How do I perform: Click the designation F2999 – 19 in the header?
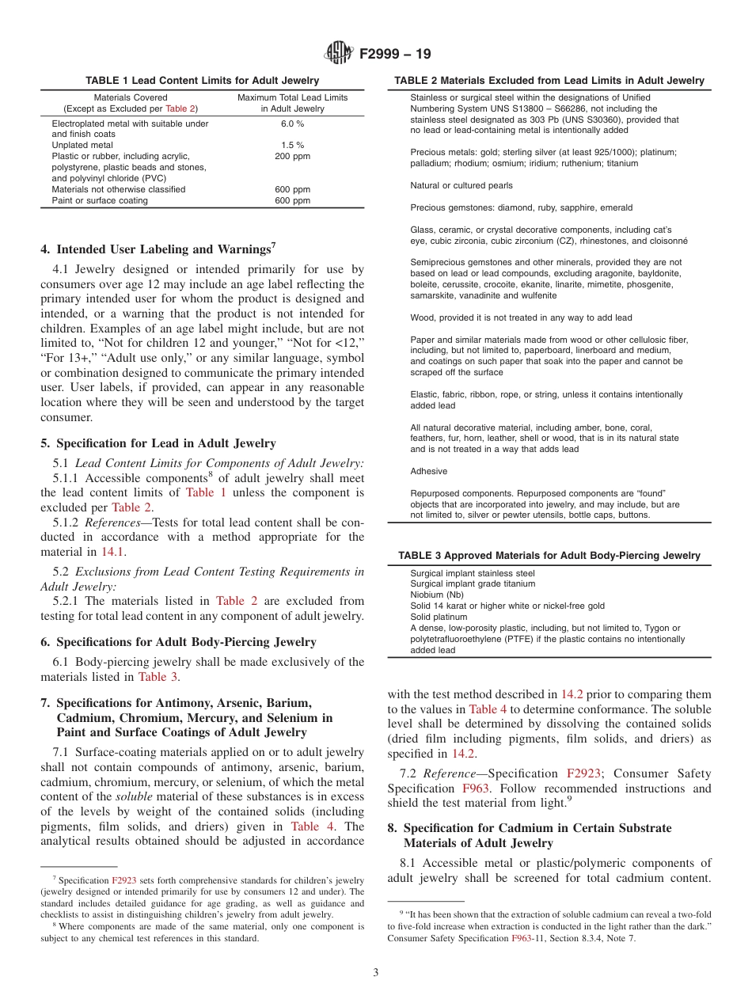click(x=395, y=55)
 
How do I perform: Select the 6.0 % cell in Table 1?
click(x=292, y=123)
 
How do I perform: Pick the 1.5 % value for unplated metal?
click(x=292, y=146)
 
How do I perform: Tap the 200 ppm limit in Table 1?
click(x=292, y=157)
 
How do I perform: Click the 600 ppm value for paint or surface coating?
click(x=292, y=200)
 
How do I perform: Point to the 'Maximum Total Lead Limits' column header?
click(x=292, y=97)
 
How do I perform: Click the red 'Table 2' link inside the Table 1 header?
click(x=180, y=108)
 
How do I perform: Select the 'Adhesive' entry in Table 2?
click(x=428, y=471)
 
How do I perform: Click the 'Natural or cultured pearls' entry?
click(x=461, y=185)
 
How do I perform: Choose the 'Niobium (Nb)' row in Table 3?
click(x=437, y=595)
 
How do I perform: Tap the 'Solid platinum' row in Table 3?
click(x=439, y=617)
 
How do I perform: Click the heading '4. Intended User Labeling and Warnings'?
click(x=158, y=249)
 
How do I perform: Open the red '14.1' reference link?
click(x=112, y=552)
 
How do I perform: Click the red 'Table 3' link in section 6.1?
click(x=152, y=677)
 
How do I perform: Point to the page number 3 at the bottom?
click(x=376, y=972)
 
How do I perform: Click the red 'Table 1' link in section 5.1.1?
click(x=206, y=492)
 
